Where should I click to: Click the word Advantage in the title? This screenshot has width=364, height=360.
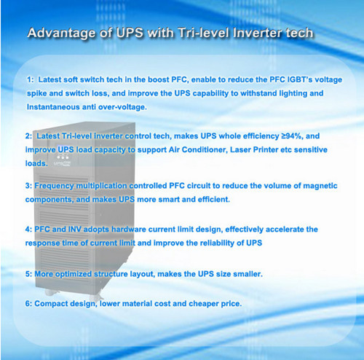(61, 33)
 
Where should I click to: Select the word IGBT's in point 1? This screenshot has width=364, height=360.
(300, 79)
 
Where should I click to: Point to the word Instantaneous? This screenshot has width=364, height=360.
(53, 107)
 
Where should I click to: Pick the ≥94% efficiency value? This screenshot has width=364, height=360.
(292, 136)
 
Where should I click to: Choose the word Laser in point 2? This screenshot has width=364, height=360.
(240, 149)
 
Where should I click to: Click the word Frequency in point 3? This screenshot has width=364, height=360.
(54, 186)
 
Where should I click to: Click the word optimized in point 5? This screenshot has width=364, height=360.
(74, 274)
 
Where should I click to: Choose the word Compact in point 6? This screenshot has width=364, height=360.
(49, 304)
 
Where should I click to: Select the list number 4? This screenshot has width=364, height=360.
(28, 230)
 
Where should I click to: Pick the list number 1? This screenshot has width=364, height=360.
(30, 79)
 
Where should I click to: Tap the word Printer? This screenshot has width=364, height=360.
(266, 149)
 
